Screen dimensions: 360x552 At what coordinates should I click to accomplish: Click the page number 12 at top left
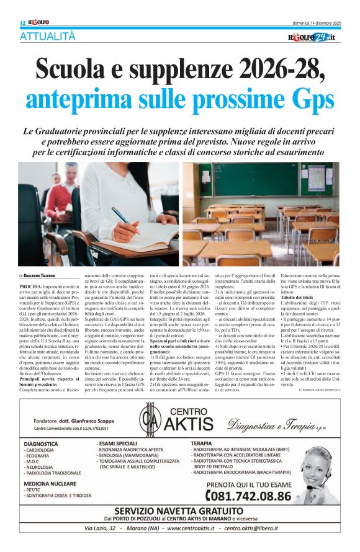pos(22,23)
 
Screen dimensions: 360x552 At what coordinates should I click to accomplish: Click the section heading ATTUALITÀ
pos(47,37)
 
